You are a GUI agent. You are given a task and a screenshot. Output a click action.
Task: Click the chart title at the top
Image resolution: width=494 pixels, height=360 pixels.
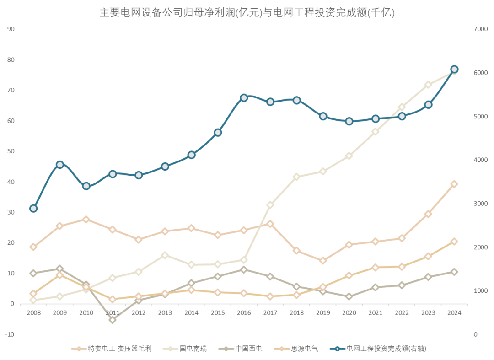click(x=247, y=12)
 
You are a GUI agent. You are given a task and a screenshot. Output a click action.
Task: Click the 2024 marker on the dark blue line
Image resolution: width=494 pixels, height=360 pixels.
click(x=454, y=70)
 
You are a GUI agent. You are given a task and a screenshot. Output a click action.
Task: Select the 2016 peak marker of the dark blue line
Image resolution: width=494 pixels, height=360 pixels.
click(x=244, y=97)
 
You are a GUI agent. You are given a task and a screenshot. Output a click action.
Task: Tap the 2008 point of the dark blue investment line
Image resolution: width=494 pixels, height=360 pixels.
click(x=33, y=209)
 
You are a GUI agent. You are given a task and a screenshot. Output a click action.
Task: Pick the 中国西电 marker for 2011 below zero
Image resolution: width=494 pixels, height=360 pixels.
click(x=113, y=320)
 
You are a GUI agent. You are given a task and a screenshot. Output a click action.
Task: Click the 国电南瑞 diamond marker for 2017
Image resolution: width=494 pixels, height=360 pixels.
click(x=270, y=205)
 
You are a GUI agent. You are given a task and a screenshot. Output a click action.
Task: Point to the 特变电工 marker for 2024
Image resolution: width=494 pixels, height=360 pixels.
click(x=454, y=184)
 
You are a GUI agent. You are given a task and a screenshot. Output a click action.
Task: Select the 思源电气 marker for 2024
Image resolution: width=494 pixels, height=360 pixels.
click(x=454, y=242)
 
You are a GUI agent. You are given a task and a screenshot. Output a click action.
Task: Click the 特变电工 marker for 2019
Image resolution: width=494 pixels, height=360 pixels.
click(x=323, y=261)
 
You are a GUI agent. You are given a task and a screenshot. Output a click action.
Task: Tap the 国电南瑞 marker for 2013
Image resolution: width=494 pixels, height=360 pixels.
click(x=165, y=255)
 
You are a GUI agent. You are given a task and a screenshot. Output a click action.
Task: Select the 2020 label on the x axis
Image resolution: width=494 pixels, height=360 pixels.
click(x=349, y=313)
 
